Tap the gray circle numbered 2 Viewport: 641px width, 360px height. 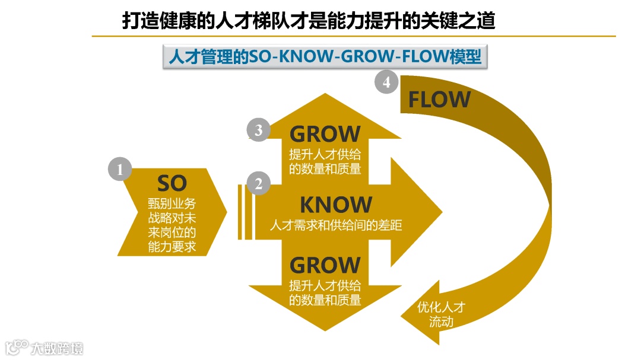[258, 184]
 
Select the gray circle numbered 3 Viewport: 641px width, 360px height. [258, 130]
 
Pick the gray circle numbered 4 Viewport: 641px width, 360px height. [386, 82]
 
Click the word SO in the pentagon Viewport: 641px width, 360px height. [172, 183]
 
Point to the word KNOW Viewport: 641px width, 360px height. [335, 205]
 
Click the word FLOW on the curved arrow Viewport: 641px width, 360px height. [439, 100]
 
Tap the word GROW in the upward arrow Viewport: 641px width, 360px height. [325, 134]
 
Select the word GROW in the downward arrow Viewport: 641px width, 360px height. [325, 265]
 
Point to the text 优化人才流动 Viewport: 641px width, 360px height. [441, 314]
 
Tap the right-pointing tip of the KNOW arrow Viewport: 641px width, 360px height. [440, 212]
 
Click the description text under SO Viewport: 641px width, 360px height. [172, 225]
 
